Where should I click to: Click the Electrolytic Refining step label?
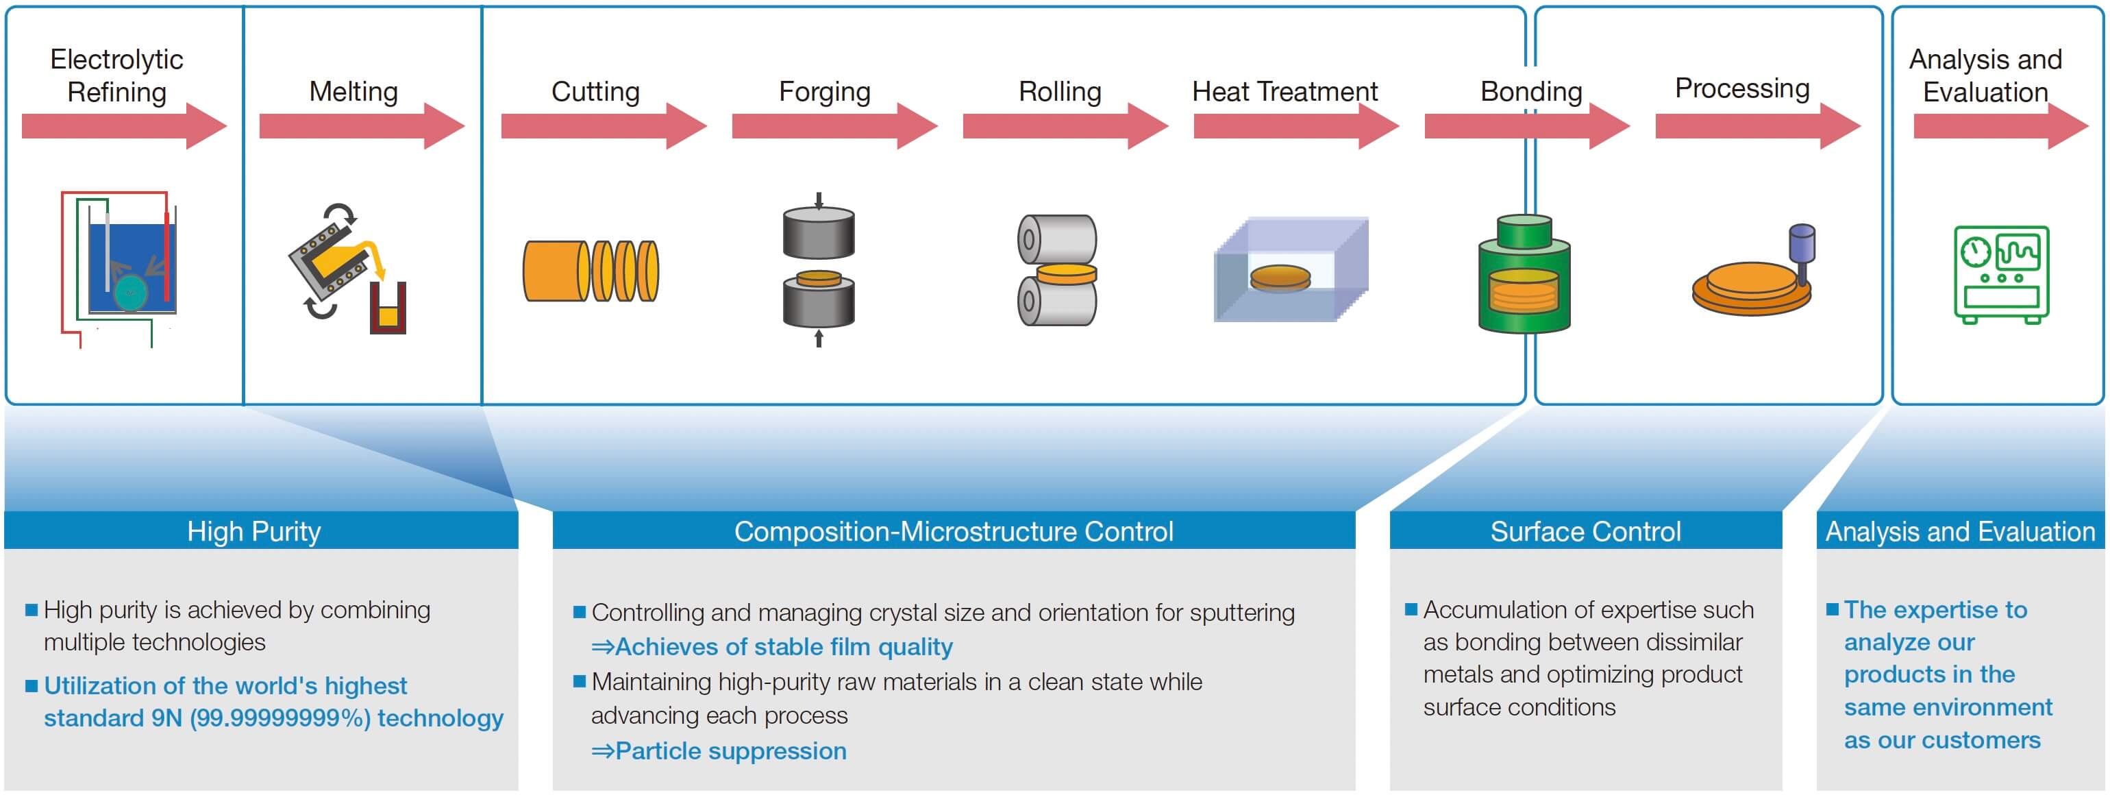pos(116,75)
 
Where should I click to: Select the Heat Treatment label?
pos(1284,91)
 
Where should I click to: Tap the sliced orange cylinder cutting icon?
pos(591,271)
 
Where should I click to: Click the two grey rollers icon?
pos(1056,271)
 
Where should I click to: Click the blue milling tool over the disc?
pos(1801,250)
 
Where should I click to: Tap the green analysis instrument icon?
pos(2001,275)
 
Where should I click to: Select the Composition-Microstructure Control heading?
pos(953,531)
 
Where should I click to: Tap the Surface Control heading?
pos(1585,531)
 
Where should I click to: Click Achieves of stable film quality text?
pos(782,647)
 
